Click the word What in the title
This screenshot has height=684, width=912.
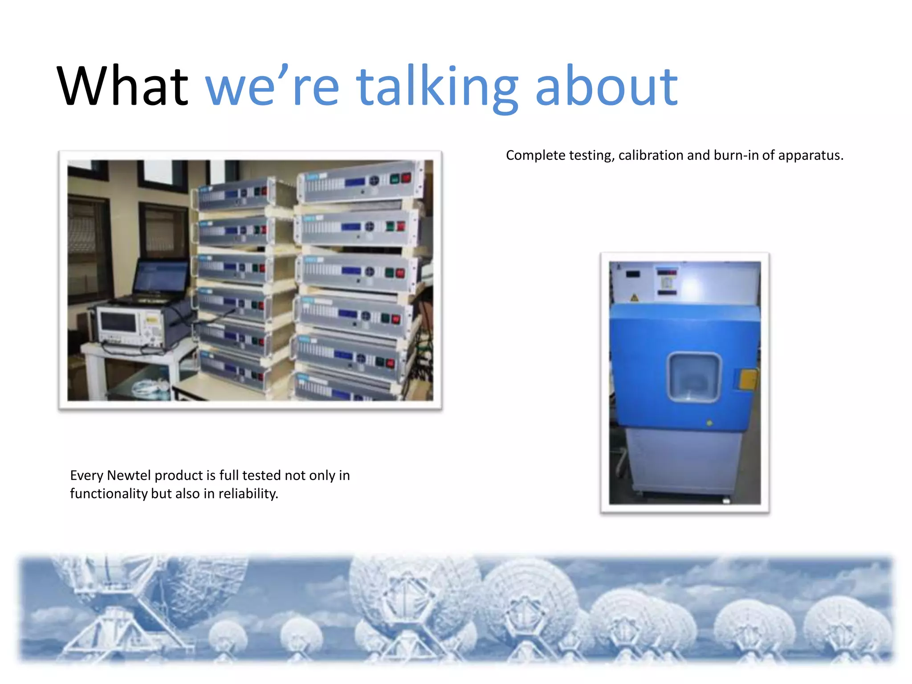(122, 85)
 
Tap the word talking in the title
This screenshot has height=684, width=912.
(437, 87)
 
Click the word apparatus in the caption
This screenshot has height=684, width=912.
(810, 156)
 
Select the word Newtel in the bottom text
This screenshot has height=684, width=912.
(129, 475)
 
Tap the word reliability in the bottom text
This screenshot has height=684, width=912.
(248, 494)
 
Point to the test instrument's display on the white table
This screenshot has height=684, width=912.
(118, 322)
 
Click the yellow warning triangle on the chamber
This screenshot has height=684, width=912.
(634, 297)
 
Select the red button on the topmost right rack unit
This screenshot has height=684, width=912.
(406, 178)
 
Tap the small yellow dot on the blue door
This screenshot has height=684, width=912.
(709, 423)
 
